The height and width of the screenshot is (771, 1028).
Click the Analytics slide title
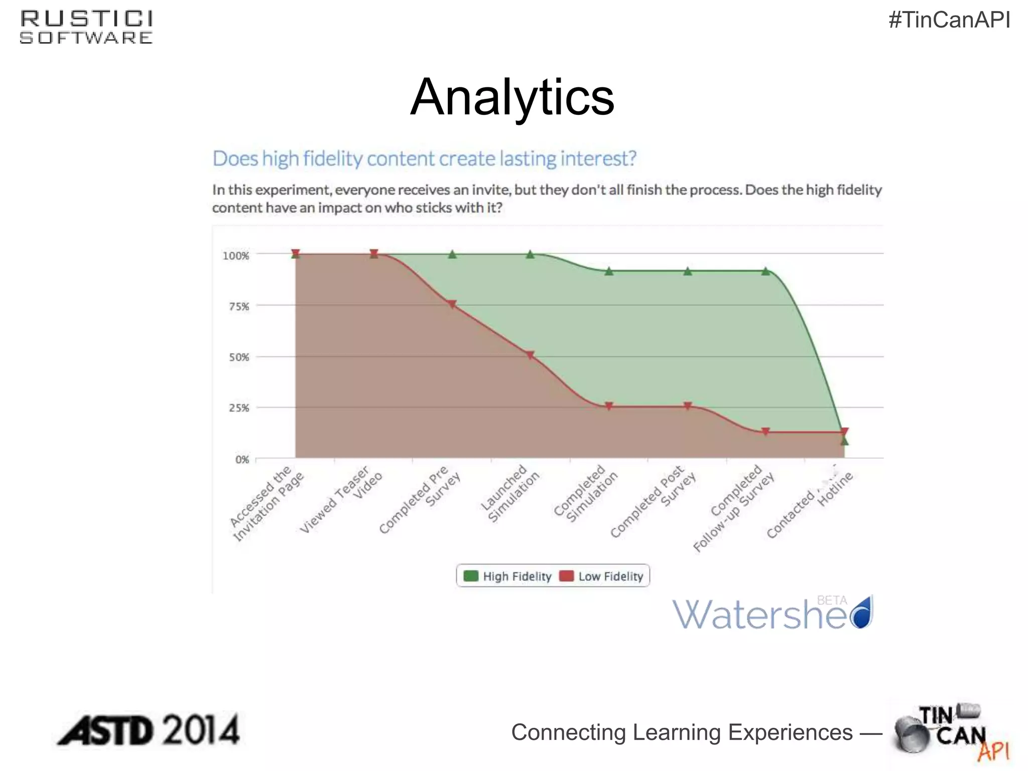tap(512, 97)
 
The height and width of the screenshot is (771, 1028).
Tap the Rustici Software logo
tap(86, 28)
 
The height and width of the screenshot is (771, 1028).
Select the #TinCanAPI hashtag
tap(949, 20)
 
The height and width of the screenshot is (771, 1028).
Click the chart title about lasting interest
tap(424, 159)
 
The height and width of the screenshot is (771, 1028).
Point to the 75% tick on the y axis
tap(239, 306)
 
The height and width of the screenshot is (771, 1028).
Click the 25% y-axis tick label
tap(239, 408)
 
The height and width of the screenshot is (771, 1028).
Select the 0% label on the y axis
tap(242, 459)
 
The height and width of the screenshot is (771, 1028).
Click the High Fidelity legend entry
tap(508, 576)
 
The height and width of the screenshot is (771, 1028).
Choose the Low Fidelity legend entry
tap(601, 576)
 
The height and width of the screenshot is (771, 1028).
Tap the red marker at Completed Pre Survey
tap(452, 304)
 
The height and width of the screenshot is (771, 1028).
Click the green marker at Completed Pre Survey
tap(452, 254)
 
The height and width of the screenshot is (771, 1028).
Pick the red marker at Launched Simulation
tap(531, 355)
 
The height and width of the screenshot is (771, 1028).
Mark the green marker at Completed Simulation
tap(609, 272)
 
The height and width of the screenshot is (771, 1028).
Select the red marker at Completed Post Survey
tap(688, 406)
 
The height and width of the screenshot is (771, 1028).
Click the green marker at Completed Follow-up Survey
tap(765, 272)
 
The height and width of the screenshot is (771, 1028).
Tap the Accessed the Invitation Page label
tap(268, 503)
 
